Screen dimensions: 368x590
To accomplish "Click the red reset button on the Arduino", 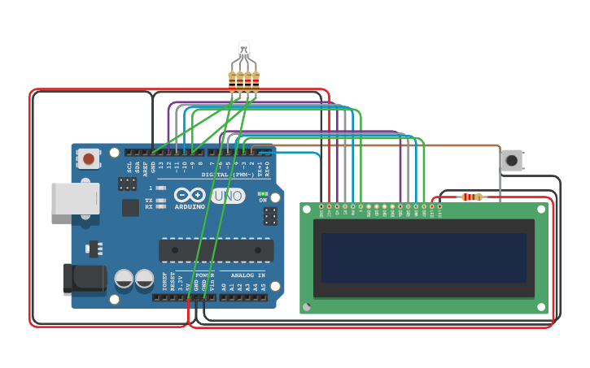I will tap(89, 158).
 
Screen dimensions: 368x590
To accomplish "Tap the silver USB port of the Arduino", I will tap(75, 198).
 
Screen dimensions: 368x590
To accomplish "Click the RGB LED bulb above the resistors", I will tap(243, 50).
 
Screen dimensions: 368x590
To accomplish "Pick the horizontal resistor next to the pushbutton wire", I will tap(471, 197).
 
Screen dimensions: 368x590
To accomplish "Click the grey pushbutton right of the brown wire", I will tap(512, 160).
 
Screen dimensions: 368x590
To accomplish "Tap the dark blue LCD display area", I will tap(423, 258).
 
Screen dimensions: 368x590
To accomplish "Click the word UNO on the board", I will tap(228, 196).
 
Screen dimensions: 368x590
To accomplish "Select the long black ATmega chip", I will tap(216, 250).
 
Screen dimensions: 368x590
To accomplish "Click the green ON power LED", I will tap(262, 194).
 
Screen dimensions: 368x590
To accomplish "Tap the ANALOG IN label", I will tap(243, 275).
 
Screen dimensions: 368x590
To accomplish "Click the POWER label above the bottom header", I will tap(204, 275).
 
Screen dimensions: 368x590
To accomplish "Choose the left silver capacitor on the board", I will tap(124, 279).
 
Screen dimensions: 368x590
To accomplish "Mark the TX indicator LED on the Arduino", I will tap(161, 200).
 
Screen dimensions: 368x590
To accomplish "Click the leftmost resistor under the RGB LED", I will tap(232, 80).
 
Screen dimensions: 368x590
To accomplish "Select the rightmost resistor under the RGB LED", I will tap(256, 80).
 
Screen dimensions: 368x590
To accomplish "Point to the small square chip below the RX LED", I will tap(130, 208).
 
